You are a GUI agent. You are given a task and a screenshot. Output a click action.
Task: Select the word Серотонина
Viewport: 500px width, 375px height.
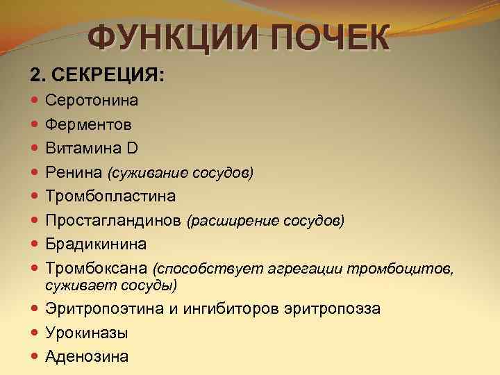92,100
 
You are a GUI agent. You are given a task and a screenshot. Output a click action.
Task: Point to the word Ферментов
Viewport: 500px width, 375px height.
90,124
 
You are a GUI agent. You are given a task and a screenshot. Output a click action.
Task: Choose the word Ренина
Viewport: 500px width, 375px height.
74,172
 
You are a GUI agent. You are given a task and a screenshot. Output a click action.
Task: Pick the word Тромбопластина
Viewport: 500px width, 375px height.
110,197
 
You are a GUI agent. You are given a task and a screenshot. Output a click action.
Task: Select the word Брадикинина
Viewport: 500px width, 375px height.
96,244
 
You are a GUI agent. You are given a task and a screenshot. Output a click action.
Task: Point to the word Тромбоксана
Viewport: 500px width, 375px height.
97,269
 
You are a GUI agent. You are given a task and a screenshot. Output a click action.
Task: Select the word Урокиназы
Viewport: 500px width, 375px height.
87,333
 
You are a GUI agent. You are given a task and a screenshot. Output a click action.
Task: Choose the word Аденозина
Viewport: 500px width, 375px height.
87,357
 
